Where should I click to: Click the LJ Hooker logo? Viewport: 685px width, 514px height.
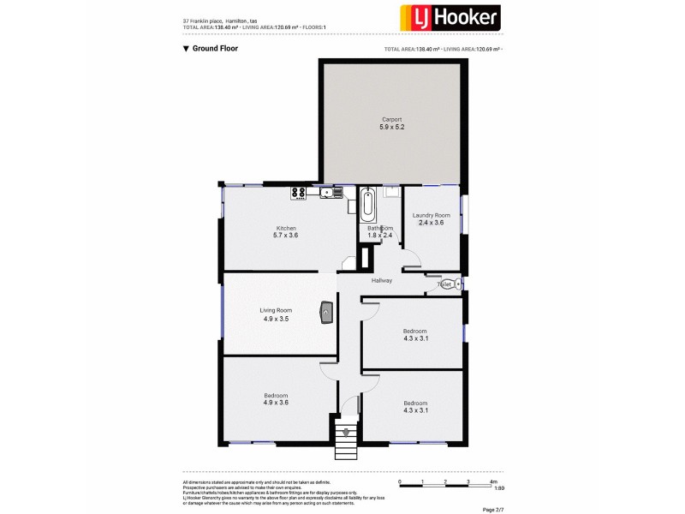pos(451,18)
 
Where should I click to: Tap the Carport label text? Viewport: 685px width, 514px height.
pos(391,119)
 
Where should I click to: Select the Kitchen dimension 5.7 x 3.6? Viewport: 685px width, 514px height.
pos(285,235)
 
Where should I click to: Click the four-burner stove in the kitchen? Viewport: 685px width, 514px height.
pos(300,194)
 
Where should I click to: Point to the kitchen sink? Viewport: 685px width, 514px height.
pos(327,194)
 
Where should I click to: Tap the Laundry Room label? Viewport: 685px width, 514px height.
pos(431,215)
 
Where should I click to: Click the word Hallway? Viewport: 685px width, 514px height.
pos(382,281)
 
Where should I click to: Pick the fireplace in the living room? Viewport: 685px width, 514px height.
pos(326,314)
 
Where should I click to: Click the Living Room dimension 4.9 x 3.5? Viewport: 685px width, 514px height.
pos(277,319)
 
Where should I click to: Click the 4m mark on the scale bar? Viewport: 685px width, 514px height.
pos(494,482)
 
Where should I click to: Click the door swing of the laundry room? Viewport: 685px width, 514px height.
pos(412,257)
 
